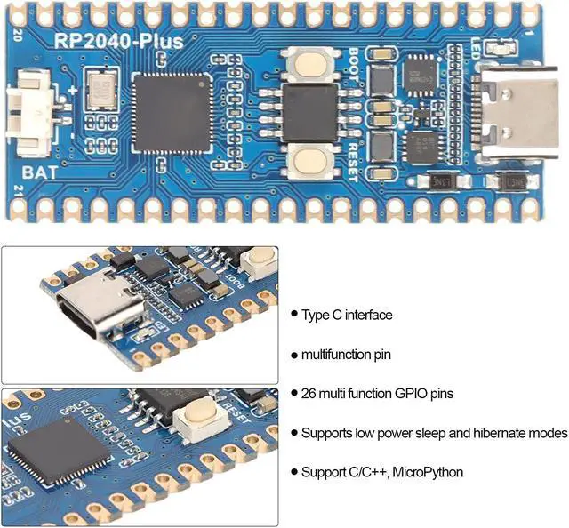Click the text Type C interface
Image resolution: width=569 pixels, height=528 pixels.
347,315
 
